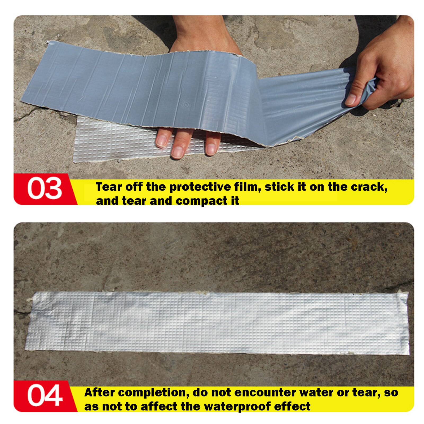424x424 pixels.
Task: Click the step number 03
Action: pyautogui.click(x=45, y=188)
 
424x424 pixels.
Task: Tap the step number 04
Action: pyautogui.click(x=45, y=395)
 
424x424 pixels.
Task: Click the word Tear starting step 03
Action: pyautogui.click(x=109, y=187)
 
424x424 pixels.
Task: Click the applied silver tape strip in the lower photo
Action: pyautogui.click(x=217, y=323)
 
